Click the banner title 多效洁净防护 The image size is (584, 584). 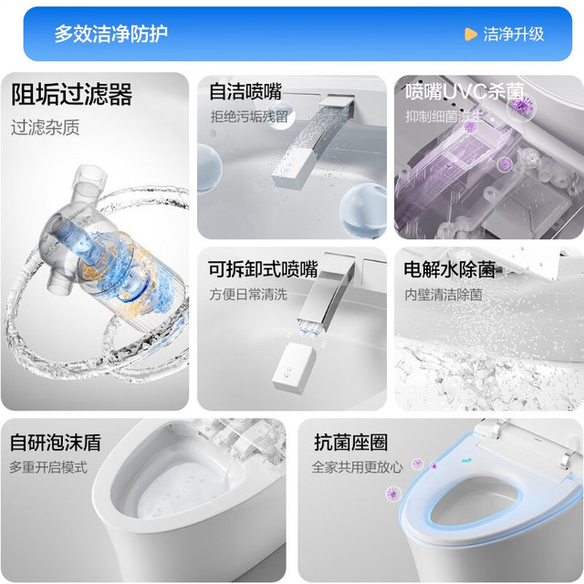pyautogui.click(x=111, y=34)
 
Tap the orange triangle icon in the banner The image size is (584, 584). pyautogui.click(x=471, y=35)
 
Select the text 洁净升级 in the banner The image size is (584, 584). pyautogui.click(x=514, y=35)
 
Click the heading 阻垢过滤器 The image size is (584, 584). pyautogui.click(x=71, y=94)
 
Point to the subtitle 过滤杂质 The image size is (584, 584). pyautogui.click(x=45, y=128)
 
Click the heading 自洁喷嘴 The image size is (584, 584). pyautogui.click(x=245, y=91)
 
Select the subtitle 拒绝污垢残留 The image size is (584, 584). pyautogui.click(x=249, y=117)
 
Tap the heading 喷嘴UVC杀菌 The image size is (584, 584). pyautogui.click(x=464, y=91)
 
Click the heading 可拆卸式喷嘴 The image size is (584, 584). pyautogui.click(x=263, y=269)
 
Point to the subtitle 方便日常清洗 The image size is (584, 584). pyautogui.click(x=248, y=294)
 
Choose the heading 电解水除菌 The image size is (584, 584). pyautogui.click(x=450, y=269)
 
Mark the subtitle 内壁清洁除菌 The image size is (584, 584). pyautogui.click(x=443, y=294)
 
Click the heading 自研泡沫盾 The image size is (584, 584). pyautogui.click(x=56, y=443)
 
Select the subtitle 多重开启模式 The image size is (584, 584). pyautogui.click(x=48, y=467)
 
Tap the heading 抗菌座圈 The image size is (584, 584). pyautogui.click(x=350, y=443)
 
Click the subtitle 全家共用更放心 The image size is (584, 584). pyautogui.click(x=358, y=467)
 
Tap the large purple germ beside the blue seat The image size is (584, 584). pyautogui.click(x=393, y=494)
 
